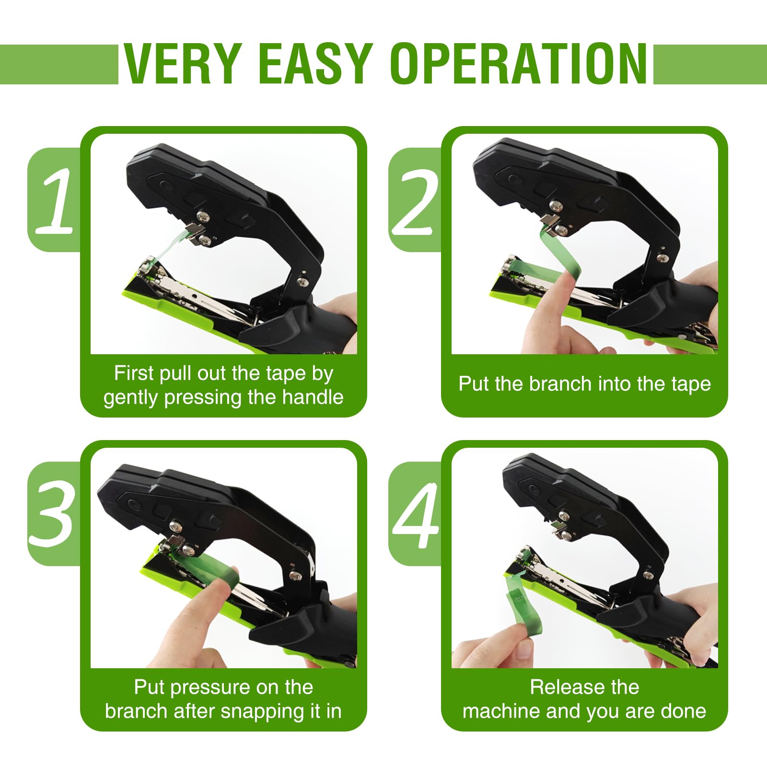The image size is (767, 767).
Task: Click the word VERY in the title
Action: tap(182, 64)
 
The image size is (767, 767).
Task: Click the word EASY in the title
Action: tap(316, 64)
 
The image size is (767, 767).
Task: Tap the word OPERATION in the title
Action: tap(519, 64)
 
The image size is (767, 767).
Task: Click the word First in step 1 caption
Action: tap(134, 373)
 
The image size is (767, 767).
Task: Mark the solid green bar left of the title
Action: tap(59, 64)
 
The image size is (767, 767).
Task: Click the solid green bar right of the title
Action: tap(710, 64)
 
